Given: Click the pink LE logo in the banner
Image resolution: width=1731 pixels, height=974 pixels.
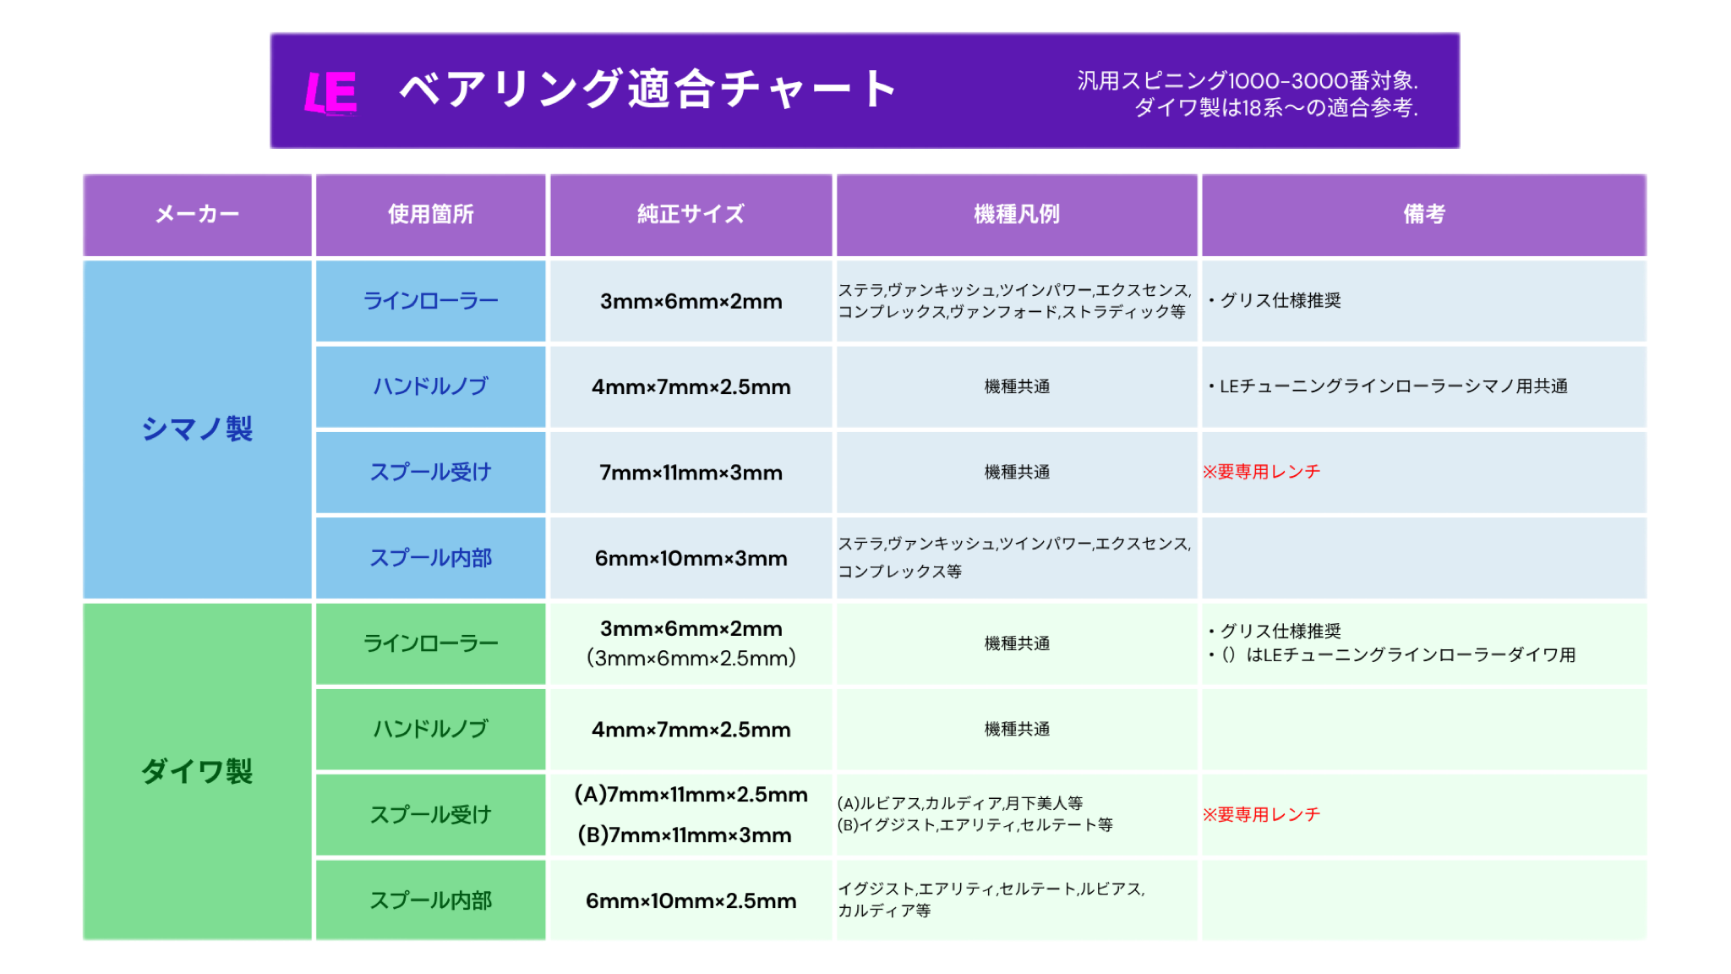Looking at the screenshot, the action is (330, 92).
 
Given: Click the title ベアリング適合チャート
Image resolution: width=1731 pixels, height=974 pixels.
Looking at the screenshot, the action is (647, 90).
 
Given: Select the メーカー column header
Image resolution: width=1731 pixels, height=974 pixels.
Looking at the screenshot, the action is (197, 215).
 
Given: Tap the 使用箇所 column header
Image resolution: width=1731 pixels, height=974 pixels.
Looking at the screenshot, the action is (431, 215).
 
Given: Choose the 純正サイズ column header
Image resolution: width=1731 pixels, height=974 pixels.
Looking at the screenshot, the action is (691, 215).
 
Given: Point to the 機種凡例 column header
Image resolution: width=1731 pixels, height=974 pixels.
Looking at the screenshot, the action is (1017, 215).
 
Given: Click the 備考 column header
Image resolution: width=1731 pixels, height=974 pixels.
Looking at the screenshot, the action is (1424, 215).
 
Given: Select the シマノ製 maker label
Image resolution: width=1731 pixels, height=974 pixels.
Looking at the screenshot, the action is (197, 429).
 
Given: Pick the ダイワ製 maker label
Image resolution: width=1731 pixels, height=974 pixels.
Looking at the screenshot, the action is (197, 771).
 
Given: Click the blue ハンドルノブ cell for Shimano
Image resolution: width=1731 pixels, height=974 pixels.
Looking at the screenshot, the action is (431, 386).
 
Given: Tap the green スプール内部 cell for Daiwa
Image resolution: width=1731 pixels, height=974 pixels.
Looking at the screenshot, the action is (431, 900).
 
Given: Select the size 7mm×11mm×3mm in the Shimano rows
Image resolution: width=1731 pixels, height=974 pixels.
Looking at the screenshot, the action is (691, 473).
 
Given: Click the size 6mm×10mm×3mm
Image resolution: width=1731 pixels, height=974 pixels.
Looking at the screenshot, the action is (691, 558).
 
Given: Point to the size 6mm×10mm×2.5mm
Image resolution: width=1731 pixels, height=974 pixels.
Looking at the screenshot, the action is (691, 901).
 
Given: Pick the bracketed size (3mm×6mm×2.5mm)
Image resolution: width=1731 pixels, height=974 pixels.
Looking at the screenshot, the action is (691, 658).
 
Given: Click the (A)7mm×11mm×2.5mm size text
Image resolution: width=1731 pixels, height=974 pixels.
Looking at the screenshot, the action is (691, 795).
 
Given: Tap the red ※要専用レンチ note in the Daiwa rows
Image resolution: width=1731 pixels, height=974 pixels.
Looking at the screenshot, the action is (1261, 814).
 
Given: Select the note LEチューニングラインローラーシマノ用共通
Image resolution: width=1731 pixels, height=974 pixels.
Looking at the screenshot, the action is (1394, 386).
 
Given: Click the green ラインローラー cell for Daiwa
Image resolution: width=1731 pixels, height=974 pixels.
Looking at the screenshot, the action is (431, 643).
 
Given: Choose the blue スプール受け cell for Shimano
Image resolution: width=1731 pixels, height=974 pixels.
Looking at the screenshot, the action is (431, 473).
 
